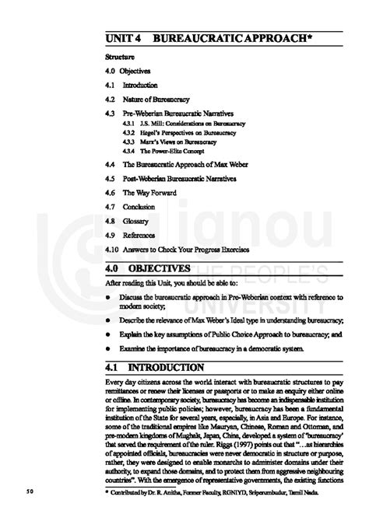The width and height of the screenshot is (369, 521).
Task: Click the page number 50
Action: point(30,491)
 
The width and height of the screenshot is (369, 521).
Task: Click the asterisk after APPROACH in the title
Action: point(297,36)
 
